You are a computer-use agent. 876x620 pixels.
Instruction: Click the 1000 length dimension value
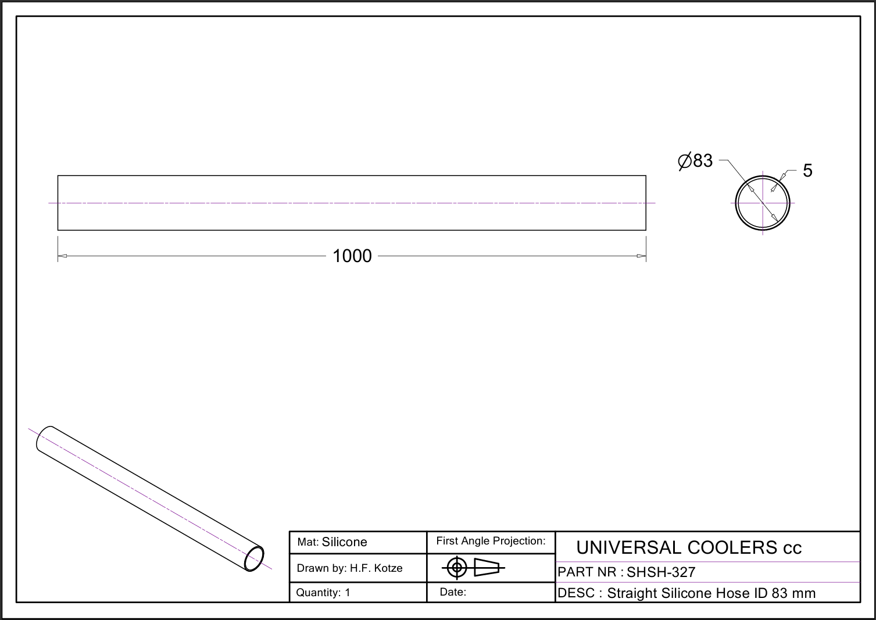(352, 256)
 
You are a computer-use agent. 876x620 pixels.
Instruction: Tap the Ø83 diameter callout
(695, 161)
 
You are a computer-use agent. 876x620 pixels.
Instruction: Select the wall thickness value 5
(807, 170)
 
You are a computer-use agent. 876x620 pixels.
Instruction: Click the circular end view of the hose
(735, 203)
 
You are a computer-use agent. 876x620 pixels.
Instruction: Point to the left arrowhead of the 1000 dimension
(62, 256)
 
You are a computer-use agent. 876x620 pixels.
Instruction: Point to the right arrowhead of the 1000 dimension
(641, 256)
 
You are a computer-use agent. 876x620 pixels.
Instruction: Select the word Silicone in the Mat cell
(344, 542)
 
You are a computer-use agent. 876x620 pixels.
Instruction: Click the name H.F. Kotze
(376, 568)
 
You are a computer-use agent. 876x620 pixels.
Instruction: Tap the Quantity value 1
(347, 593)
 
